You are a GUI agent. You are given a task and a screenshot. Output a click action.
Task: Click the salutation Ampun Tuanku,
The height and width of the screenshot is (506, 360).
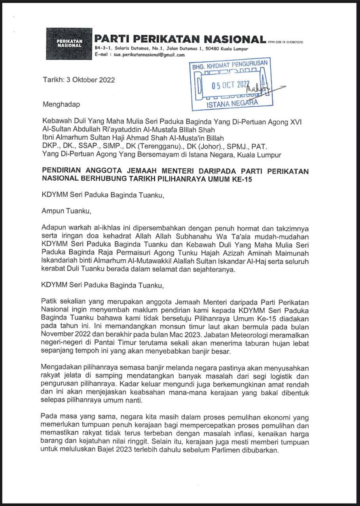66,211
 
